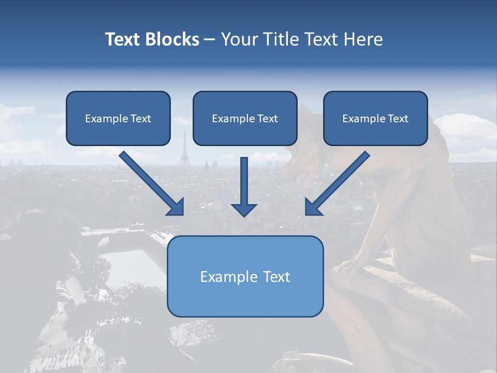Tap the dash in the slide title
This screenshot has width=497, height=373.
coord(210,40)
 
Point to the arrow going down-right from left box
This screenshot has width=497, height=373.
coord(151,183)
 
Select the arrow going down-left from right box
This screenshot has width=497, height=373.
coord(337,183)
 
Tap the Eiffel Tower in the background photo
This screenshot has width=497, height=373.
coord(183,150)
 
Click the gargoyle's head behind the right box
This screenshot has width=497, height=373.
coord(305,155)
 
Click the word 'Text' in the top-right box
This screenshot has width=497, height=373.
coord(398,119)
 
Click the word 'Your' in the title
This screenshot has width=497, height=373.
coord(239,39)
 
